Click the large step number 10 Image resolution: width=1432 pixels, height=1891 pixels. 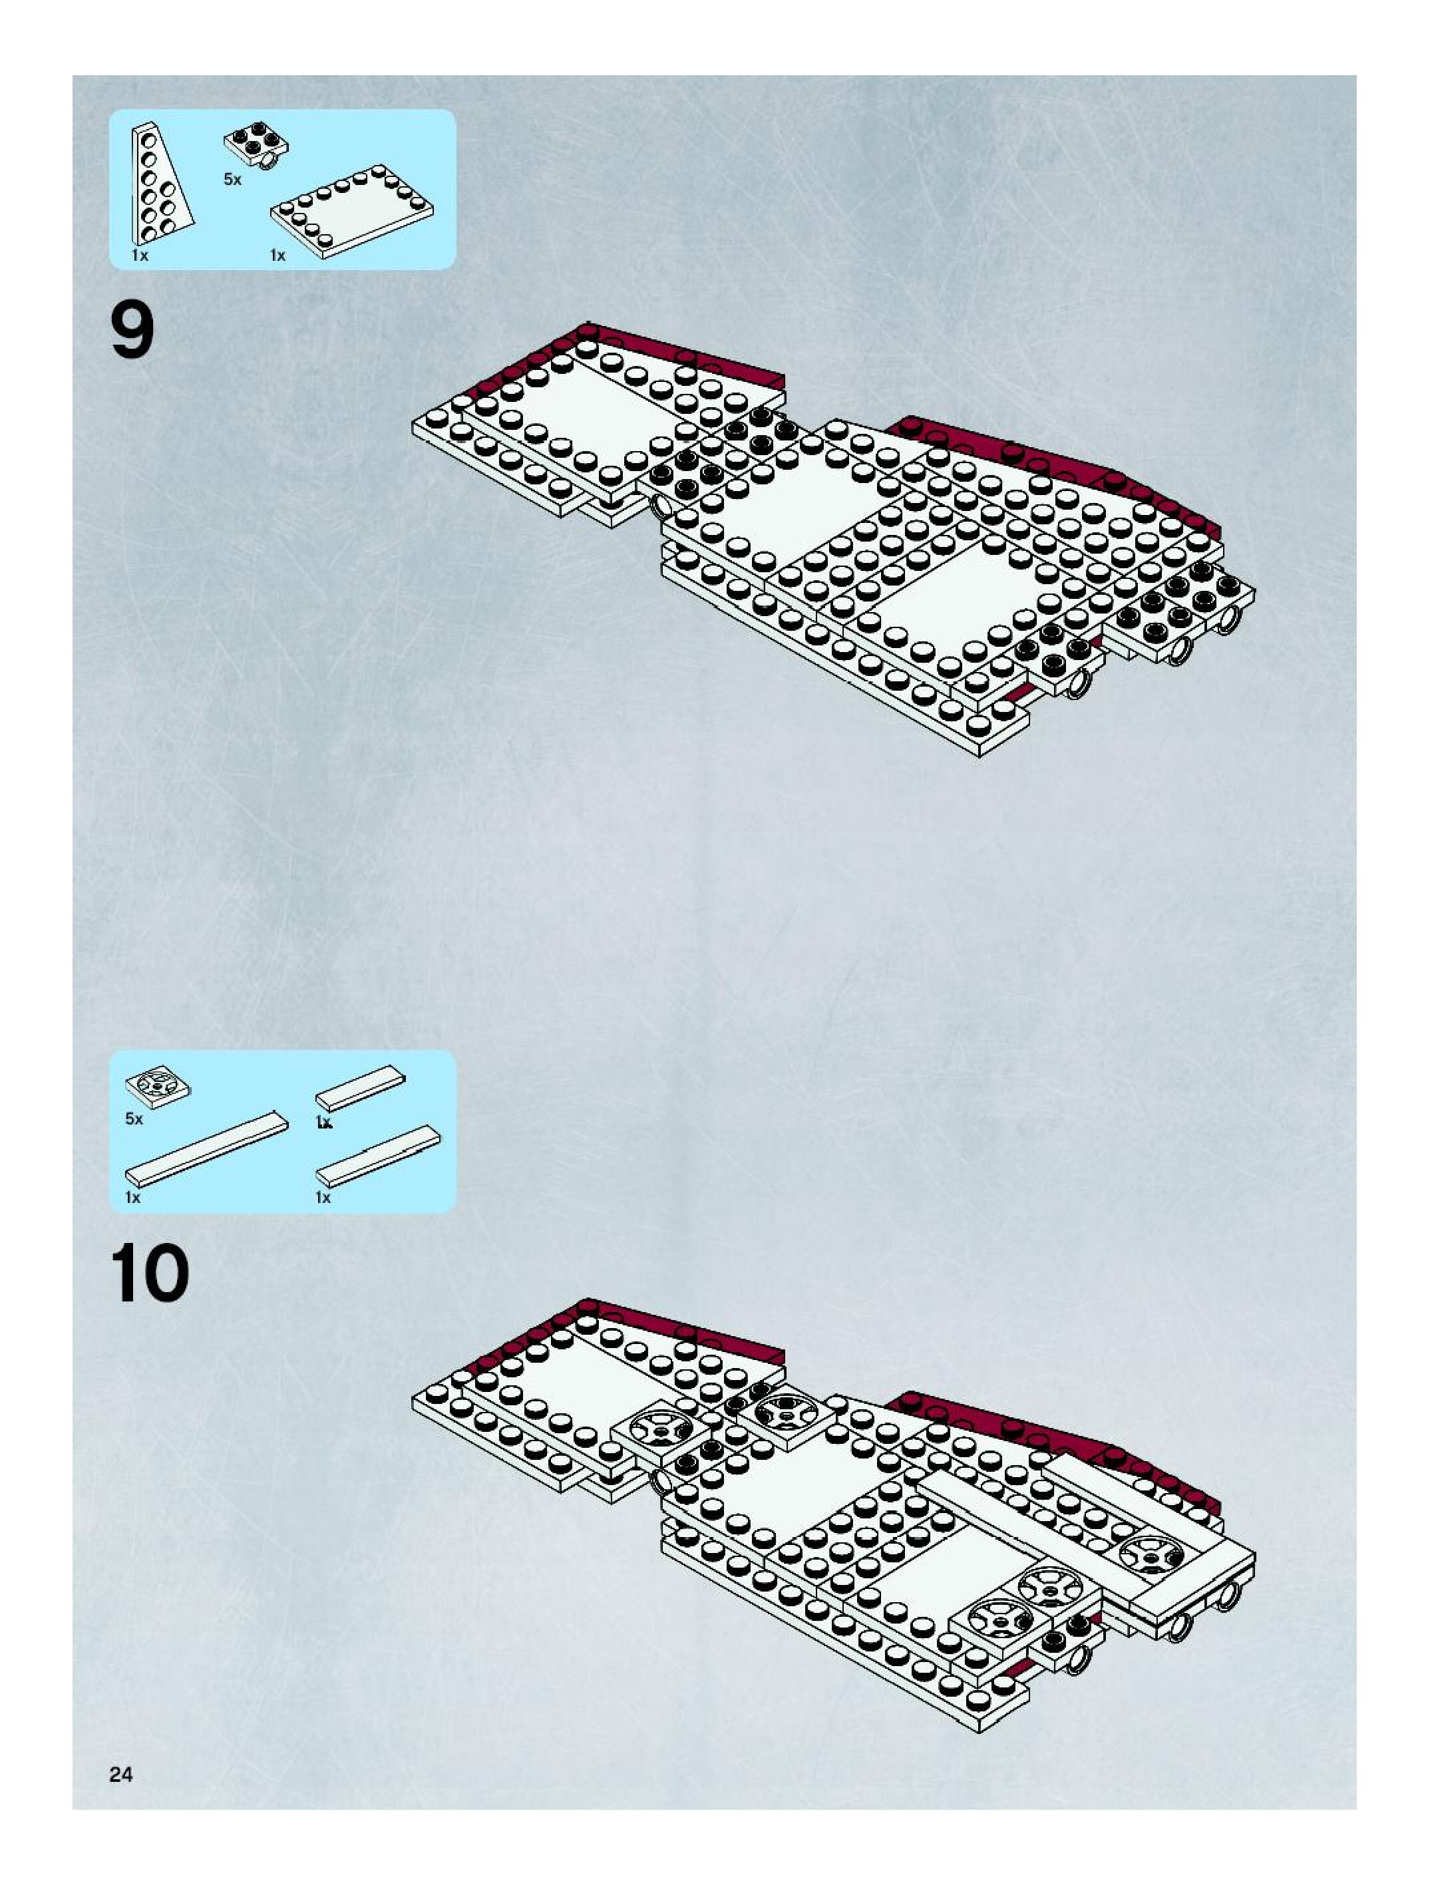[150, 1273]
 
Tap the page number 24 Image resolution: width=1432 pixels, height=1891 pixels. [120, 1774]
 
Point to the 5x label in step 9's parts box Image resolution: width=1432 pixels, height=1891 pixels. [232, 180]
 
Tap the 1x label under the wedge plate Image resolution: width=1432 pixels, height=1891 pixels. [139, 256]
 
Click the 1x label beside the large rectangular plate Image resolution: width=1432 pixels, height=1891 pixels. [278, 256]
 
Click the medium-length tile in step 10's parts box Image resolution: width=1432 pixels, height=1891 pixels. [379, 1155]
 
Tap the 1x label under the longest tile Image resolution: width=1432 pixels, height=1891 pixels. [132, 1198]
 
